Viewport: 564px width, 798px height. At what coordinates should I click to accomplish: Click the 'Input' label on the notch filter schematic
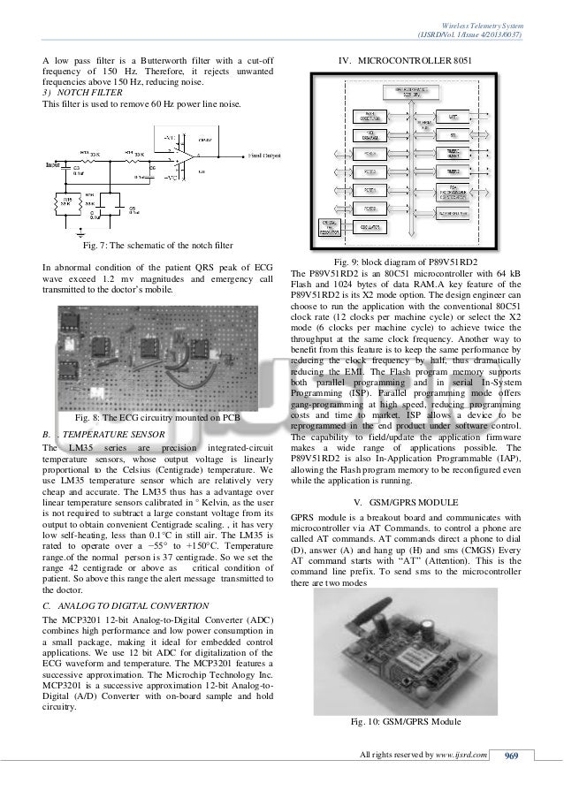click(53, 164)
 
